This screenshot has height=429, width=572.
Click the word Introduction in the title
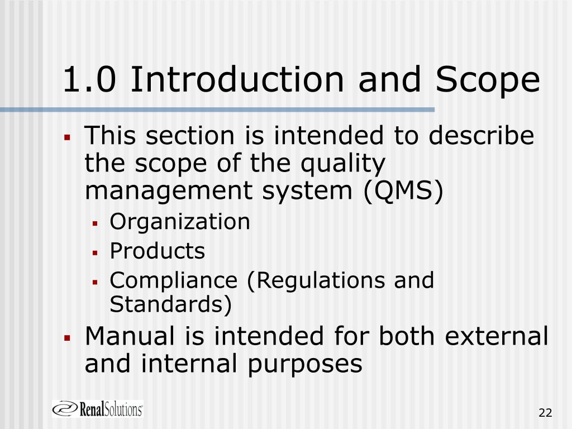click(236, 79)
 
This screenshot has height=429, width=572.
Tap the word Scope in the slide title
click(488, 79)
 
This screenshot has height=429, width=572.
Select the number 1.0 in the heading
click(89, 79)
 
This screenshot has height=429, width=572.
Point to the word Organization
click(180, 222)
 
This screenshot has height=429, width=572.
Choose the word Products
click(158, 251)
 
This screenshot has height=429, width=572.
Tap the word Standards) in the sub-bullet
click(170, 305)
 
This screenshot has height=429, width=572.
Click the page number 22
click(545, 413)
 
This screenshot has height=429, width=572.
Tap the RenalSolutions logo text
click(112, 409)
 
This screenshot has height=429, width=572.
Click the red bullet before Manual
click(66, 338)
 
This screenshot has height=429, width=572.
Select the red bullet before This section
click(66, 137)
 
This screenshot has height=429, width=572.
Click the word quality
click(344, 164)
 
